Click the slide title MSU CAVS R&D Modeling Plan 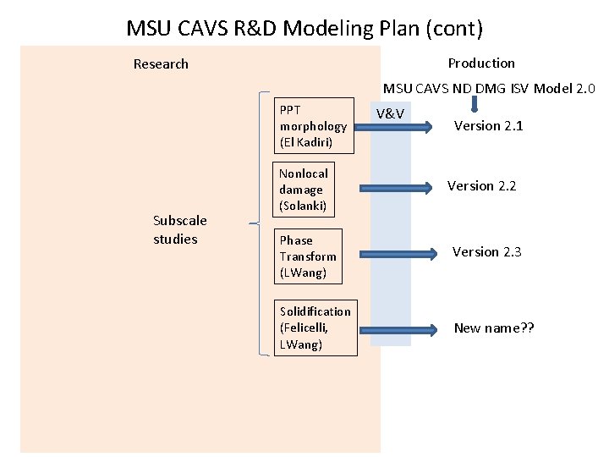(304, 28)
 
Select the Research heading (161, 64)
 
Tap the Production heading (480, 63)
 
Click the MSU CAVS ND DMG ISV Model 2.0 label (489, 88)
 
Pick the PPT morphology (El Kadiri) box (313, 126)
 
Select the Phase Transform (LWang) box (309, 256)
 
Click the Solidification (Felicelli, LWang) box (315, 328)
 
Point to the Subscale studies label (179, 230)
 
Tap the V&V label (390, 113)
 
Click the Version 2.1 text (488, 126)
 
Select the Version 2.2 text (481, 186)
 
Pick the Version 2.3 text (486, 252)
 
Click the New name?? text (494, 328)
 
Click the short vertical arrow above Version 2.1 (475, 104)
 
